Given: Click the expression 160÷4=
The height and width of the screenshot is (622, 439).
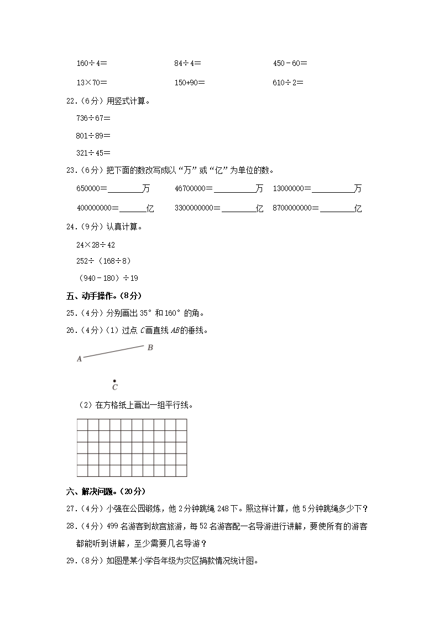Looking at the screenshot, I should tap(91, 63).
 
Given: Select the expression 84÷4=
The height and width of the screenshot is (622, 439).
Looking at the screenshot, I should tap(187, 63).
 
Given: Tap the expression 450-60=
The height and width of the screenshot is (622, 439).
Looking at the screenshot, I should tap(290, 63).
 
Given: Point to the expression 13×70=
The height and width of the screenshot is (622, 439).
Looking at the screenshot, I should tap(91, 83).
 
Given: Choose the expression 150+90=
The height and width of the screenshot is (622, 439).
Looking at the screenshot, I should tap(189, 83).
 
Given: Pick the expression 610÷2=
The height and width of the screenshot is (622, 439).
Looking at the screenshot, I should tap(288, 83).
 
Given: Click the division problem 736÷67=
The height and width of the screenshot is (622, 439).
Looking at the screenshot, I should tap(93, 117).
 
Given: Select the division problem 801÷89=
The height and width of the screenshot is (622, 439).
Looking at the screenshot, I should tap(93, 135).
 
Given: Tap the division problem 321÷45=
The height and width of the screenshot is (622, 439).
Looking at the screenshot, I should tap(93, 152).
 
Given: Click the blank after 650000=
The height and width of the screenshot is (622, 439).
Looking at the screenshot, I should tap(125, 189).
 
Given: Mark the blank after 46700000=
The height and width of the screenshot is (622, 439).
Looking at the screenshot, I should tap(235, 189).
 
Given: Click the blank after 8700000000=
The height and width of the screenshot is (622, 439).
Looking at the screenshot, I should tap(337, 209).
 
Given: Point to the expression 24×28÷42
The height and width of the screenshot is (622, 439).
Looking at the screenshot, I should tap(96, 244).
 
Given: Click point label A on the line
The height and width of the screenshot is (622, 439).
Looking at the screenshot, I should tap(79, 359).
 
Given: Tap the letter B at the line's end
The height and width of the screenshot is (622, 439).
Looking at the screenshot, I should tap(150, 347).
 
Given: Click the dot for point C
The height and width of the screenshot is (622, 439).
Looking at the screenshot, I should tap(114, 381).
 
